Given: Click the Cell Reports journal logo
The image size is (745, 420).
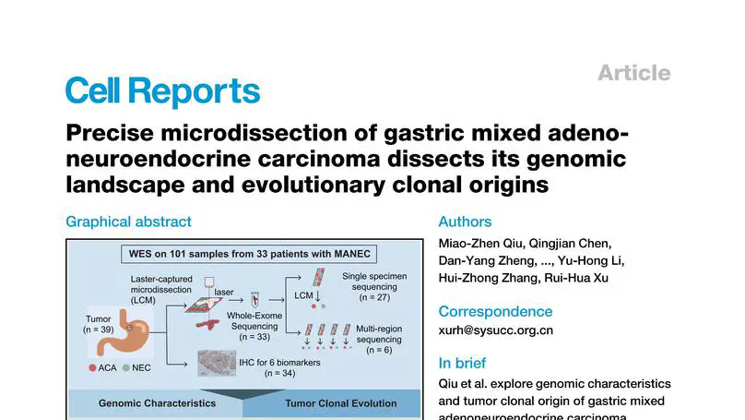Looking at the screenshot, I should [162, 91].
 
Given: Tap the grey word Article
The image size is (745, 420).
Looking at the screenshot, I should [633, 73].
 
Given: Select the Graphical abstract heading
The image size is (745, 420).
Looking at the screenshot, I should [128, 222].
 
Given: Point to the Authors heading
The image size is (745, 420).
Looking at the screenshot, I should [465, 222].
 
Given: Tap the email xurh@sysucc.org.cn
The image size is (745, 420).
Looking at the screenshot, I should [495, 330].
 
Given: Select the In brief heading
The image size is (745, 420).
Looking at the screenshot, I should [462, 363].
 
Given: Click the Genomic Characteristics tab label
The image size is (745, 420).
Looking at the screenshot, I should [157, 403].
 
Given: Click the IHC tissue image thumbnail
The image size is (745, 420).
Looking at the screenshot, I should [218, 363].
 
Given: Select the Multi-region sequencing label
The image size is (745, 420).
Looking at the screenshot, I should [378, 340].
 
